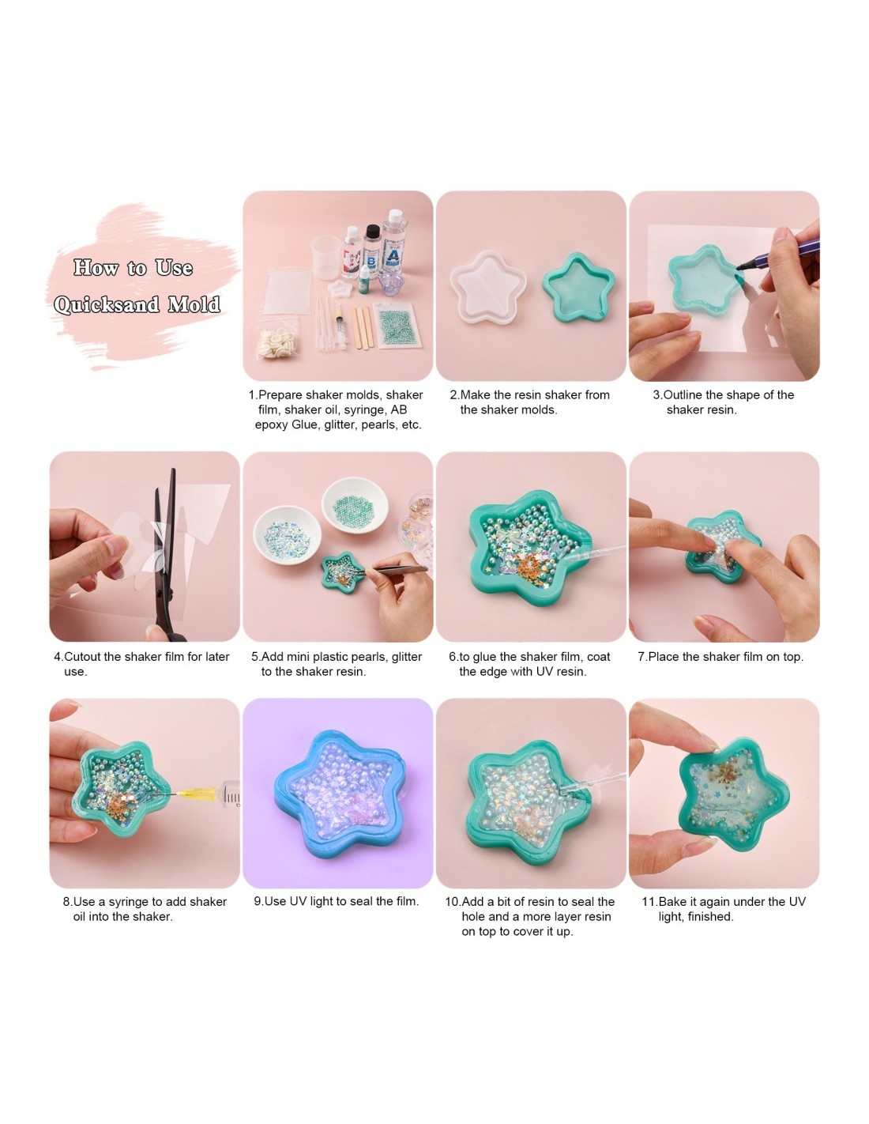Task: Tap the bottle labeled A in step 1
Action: click(393, 245)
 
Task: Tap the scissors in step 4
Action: click(167, 553)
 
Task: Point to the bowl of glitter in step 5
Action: click(286, 534)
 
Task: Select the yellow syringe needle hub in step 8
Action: click(194, 794)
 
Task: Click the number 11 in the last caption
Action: click(649, 902)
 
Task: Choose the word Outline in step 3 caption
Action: click(683, 395)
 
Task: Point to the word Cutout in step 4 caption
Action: click(83, 657)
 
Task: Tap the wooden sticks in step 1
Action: click(360, 326)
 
